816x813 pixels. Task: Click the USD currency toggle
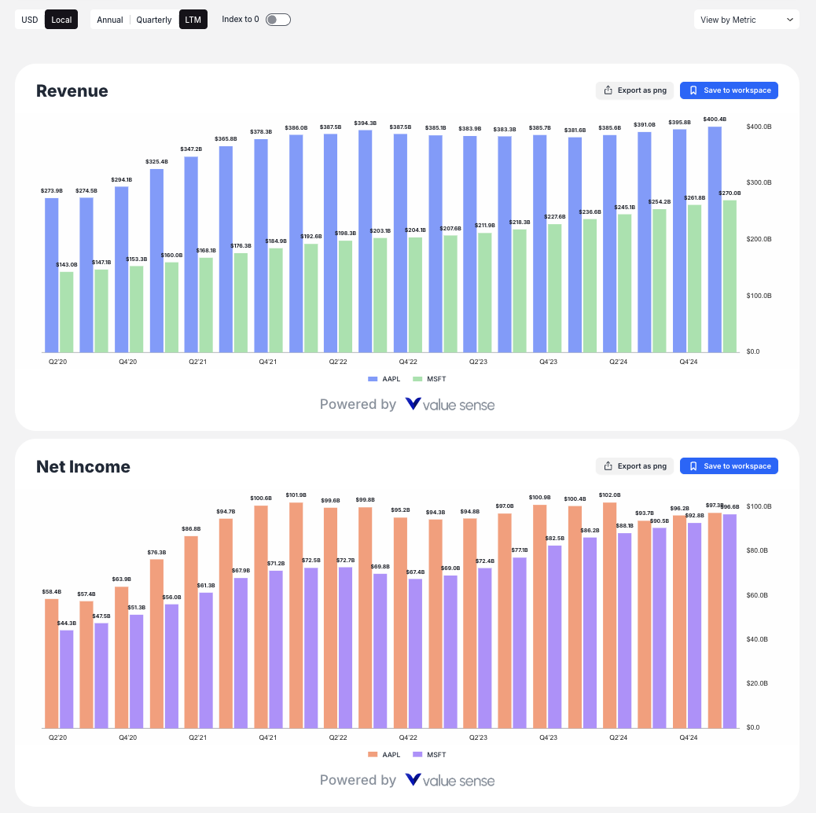point(30,20)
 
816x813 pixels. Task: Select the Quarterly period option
point(153,20)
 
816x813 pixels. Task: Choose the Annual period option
point(110,20)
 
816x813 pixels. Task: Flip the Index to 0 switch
point(278,20)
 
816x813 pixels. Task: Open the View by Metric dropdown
point(746,20)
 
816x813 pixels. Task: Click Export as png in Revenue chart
point(634,90)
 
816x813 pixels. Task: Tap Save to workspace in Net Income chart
point(729,466)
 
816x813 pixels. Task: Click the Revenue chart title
point(72,91)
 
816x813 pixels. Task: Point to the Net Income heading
point(83,467)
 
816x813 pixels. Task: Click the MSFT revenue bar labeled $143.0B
point(67,311)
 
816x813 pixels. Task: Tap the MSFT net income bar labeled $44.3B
point(67,679)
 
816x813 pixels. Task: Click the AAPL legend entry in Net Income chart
point(384,755)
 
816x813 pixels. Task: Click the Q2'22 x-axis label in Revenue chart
point(338,362)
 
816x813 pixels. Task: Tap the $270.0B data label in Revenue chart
point(730,193)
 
